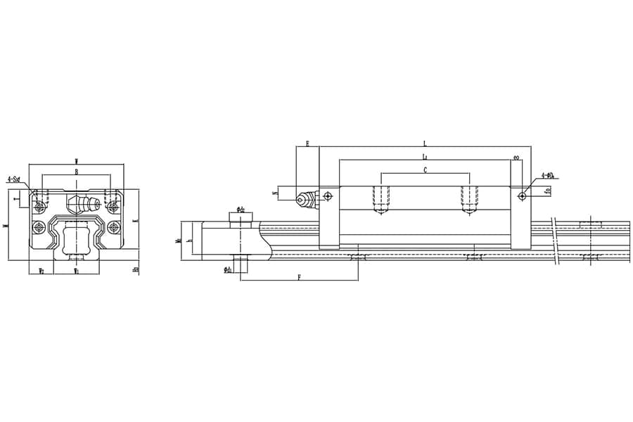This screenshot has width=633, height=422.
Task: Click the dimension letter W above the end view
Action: coord(76,162)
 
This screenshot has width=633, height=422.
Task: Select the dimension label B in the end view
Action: coord(76,171)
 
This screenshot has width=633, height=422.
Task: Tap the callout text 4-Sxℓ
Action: coord(13,179)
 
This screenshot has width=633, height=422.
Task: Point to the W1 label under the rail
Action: coord(76,270)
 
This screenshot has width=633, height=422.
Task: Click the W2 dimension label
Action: coord(41,270)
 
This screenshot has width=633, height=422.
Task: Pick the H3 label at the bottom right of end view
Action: coord(136,269)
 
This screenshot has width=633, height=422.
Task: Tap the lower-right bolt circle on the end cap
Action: coord(114,227)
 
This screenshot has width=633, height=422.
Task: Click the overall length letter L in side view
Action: coord(424,143)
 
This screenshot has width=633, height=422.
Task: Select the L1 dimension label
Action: coord(424,156)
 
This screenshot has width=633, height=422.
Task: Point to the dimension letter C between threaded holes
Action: coord(425,170)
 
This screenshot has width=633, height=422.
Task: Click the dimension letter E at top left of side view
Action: coord(307,143)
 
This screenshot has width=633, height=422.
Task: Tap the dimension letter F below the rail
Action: coord(299,278)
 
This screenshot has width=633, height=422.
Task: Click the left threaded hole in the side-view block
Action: coord(381,199)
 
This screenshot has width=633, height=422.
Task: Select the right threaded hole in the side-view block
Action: coord(469,199)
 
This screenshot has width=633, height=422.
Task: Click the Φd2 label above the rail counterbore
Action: coord(241,209)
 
